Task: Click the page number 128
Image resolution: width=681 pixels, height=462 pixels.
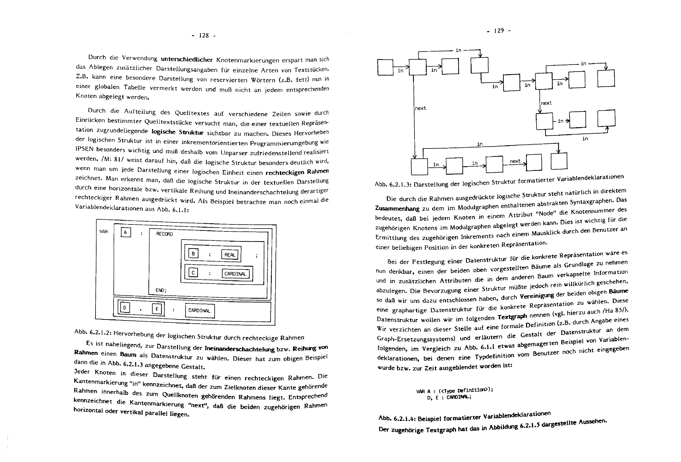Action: click(204, 36)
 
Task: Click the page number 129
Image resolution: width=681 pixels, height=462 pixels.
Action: click(499, 31)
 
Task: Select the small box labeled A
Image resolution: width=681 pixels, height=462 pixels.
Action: click(126, 233)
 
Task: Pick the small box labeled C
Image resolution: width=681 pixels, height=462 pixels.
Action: click(193, 273)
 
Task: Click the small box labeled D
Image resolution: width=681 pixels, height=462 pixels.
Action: click(125, 308)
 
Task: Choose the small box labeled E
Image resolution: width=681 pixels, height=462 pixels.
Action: click(157, 309)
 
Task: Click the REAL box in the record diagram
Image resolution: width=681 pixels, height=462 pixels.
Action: click(230, 255)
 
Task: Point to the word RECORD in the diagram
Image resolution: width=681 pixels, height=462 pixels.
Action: click(164, 234)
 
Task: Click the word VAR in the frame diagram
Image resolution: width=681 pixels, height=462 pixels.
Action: click(103, 232)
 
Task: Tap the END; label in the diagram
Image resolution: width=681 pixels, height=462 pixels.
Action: click(161, 290)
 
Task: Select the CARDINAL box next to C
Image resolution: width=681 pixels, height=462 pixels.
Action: click(236, 274)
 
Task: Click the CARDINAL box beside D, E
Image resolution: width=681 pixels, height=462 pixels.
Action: click(200, 311)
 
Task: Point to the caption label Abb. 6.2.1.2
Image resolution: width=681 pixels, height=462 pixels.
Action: click(92, 332)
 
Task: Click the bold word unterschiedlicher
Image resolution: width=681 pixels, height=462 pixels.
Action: click(187, 60)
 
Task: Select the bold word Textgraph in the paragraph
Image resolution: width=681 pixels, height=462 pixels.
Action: click(512, 317)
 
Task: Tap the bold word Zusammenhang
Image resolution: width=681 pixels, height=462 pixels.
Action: click(397, 209)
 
